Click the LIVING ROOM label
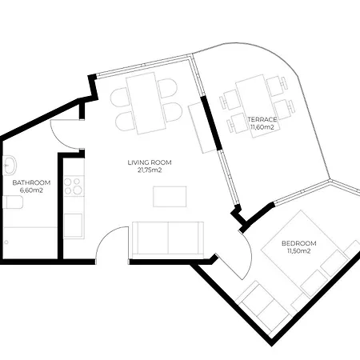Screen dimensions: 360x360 point(150,162)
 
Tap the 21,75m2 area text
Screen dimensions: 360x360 point(150,170)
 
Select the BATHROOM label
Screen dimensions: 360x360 point(31,182)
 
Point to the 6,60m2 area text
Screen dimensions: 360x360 point(31,190)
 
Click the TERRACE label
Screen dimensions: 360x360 point(262,119)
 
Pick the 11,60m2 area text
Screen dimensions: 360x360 point(262,127)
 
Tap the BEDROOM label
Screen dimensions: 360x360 point(299,243)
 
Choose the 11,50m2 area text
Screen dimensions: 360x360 point(299,251)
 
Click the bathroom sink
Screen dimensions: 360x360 point(10,166)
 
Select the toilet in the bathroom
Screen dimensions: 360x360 point(13,202)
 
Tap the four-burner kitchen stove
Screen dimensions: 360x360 point(74,186)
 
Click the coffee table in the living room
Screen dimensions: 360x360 point(170,197)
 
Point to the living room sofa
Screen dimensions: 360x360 point(168,238)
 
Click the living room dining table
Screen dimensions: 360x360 point(146,103)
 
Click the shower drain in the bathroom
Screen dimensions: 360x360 point(6,242)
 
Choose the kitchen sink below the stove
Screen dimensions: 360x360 point(73,225)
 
